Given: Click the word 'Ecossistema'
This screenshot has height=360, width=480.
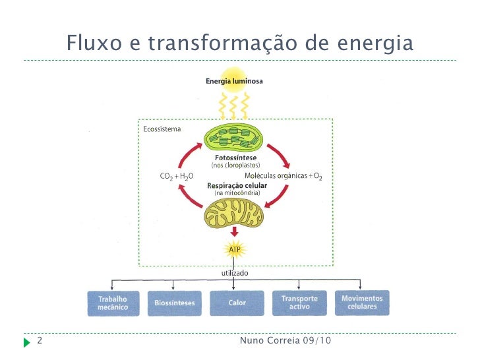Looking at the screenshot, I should pos(162,129).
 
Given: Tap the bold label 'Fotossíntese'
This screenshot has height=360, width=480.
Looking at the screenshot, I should pos(235,158).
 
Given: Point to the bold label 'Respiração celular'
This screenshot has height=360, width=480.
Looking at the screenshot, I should pos(235,186).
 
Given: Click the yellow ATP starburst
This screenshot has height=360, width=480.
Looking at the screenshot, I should pos(235,250).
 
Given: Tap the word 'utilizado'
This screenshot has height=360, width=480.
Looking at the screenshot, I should pos(235,272).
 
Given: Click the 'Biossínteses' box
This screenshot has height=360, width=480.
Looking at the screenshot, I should pos(173,303).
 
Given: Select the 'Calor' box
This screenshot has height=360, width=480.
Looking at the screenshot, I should pos(237,303).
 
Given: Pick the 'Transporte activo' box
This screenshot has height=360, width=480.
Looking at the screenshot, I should pos(299,303).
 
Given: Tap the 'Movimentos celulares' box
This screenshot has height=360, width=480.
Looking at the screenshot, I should pos(362,303).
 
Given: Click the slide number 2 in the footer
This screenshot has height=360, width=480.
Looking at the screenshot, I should pos(40,342).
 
